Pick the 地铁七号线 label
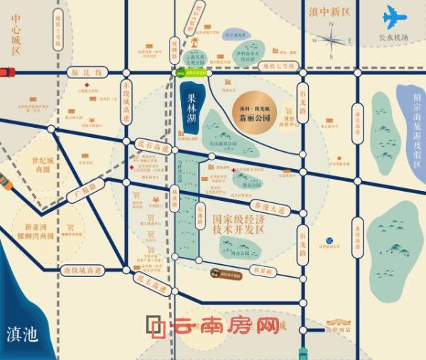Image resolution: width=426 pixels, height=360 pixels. pyautogui.click(x=275, y=66)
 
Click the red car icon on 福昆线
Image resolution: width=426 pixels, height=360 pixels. pyautogui.click(x=6, y=72)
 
